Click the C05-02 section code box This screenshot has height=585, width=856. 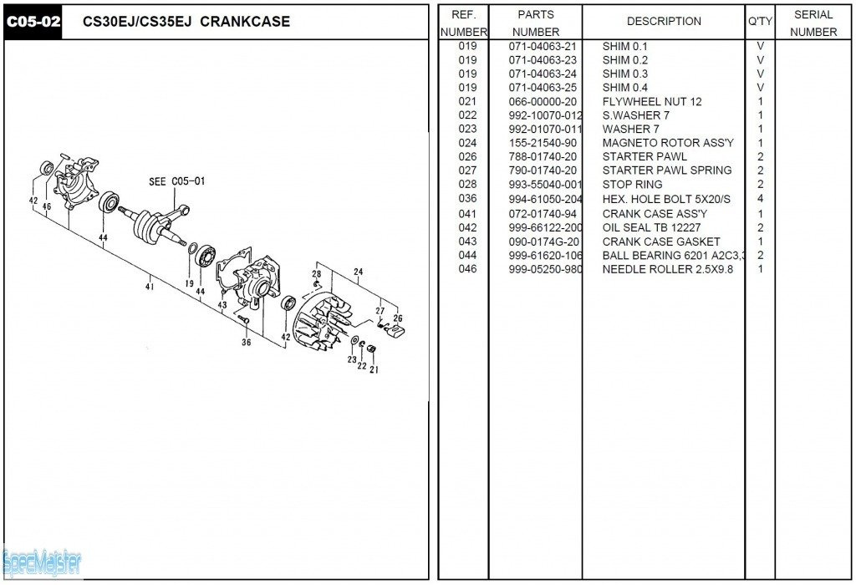tap(33, 23)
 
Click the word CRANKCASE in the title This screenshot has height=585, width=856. tap(245, 22)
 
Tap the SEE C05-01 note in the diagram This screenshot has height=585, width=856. tap(177, 181)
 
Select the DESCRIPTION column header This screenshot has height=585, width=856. tap(664, 21)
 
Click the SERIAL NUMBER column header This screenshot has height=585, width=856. tap(813, 23)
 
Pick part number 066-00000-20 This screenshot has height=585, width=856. tap(543, 101)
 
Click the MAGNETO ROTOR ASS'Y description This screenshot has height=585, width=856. tap(668, 143)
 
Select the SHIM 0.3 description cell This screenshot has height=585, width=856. tap(625, 74)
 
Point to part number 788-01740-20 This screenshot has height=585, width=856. tap(543, 156)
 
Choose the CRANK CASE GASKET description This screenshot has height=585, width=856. tap(661, 242)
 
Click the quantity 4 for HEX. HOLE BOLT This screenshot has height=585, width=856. tap(760, 199)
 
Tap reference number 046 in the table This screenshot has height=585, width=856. tap(467, 269)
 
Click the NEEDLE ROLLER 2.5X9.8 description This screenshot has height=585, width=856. tap(668, 269)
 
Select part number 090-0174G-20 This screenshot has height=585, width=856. tap(543, 242)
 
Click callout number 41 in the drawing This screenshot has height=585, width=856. tap(150, 286)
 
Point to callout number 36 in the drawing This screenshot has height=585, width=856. tap(247, 342)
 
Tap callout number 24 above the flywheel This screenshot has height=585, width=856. tap(358, 272)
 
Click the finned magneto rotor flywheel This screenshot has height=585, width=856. tap(322, 323)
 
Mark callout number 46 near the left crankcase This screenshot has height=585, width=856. tap(47, 206)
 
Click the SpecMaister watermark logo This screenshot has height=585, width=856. tap(42, 563)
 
